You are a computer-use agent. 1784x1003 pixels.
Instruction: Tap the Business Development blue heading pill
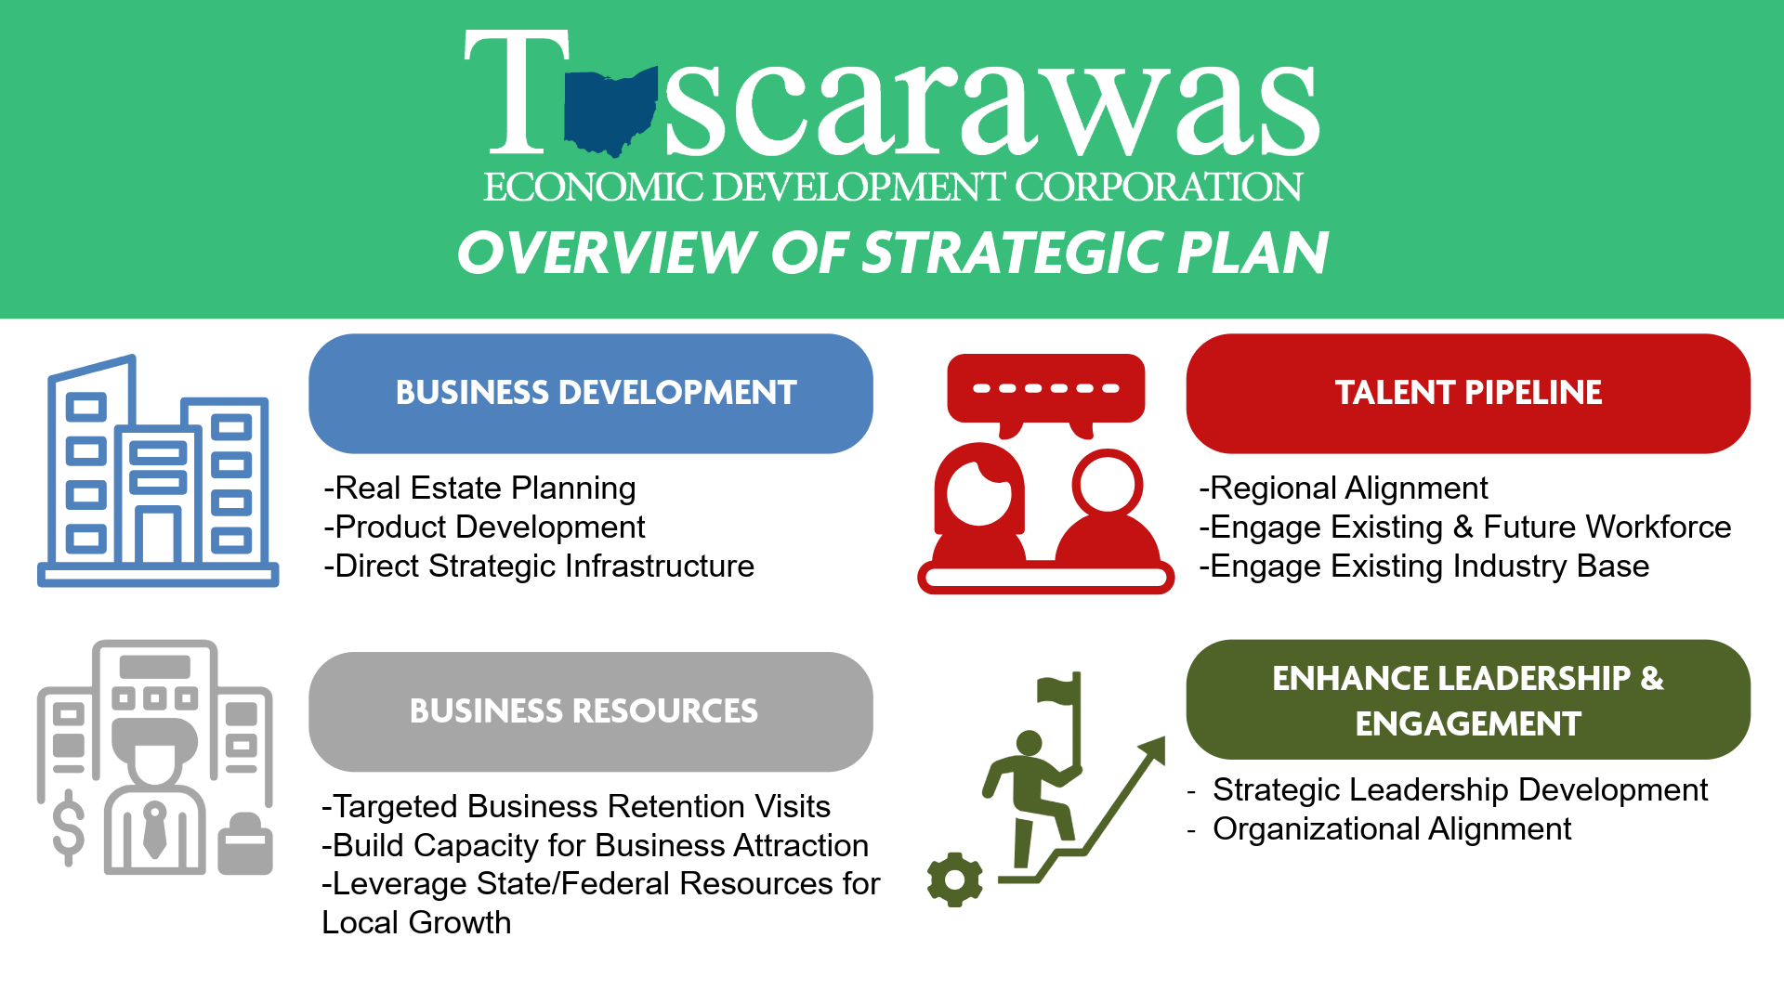point(591,394)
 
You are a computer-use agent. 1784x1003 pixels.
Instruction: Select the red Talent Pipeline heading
point(1468,394)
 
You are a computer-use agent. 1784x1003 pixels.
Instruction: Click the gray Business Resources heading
point(591,711)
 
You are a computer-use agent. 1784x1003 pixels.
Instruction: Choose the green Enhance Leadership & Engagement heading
point(1468,700)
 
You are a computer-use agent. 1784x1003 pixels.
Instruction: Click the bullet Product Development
point(485,528)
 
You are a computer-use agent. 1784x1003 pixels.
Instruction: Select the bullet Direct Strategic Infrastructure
point(540,567)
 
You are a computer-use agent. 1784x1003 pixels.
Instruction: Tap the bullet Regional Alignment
point(1345,488)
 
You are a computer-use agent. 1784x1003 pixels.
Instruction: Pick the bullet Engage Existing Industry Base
point(1424,567)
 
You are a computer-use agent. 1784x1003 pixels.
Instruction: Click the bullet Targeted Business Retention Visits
point(576,807)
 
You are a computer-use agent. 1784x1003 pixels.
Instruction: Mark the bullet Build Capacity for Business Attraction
point(596,846)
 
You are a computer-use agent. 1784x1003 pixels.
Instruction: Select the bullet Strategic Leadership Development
point(1460,790)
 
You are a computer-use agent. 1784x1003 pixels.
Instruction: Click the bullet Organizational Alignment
point(1391,829)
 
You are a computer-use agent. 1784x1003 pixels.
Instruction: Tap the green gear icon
point(955,879)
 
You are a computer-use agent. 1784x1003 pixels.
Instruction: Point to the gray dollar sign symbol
point(69,827)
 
